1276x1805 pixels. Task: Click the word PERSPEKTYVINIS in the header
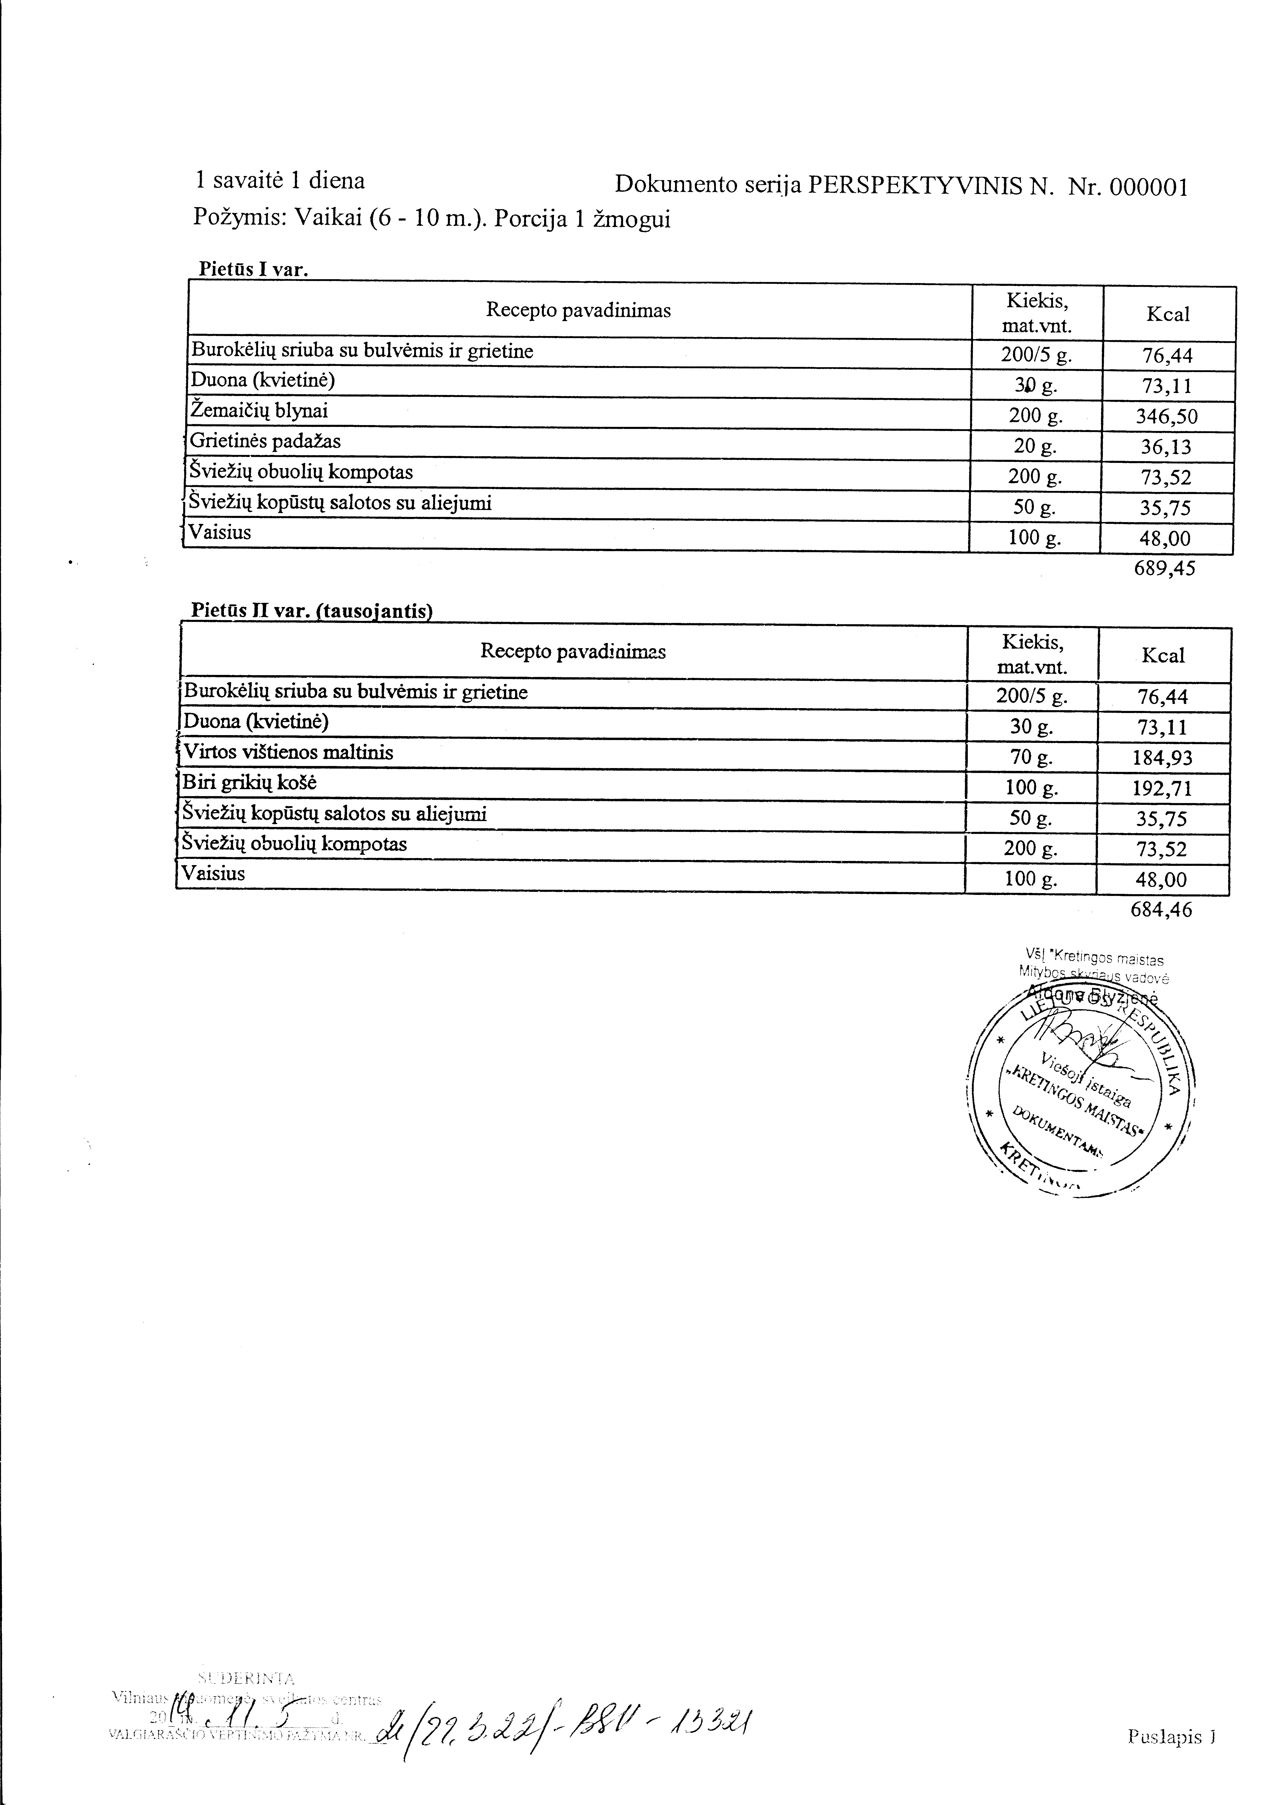click(914, 186)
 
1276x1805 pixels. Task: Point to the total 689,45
click(1164, 568)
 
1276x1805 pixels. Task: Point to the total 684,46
click(1161, 910)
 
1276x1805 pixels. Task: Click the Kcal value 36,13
click(1167, 447)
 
